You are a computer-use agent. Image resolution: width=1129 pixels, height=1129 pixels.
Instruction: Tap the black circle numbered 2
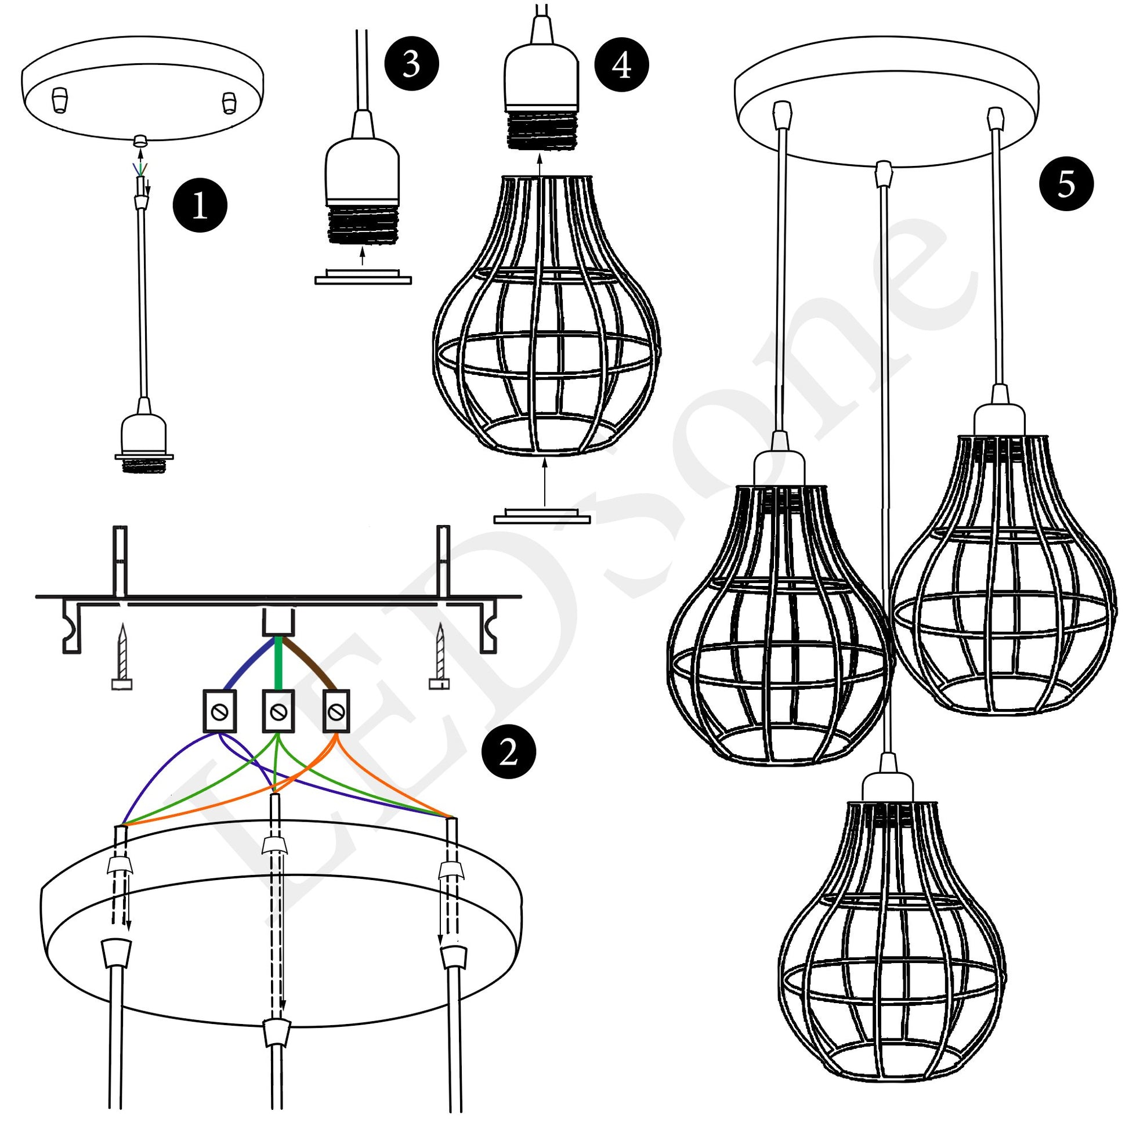(x=507, y=752)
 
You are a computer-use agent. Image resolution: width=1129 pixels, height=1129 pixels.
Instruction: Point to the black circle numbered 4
(x=621, y=64)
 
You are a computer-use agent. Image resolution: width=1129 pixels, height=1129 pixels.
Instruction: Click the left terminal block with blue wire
(x=220, y=711)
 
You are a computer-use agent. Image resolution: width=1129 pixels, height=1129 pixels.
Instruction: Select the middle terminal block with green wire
(x=278, y=711)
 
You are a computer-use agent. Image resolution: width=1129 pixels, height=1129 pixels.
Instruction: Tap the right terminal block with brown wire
(x=335, y=711)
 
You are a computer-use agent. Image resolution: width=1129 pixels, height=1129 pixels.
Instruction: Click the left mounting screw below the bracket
(x=122, y=657)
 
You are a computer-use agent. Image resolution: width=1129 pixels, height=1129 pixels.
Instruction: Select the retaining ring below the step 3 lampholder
(x=363, y=277)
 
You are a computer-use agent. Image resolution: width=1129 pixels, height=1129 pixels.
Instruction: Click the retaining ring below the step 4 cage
(x=542, y=516)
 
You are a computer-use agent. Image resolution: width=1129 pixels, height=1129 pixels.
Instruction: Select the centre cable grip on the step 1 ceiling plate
(x=140, y=140)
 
